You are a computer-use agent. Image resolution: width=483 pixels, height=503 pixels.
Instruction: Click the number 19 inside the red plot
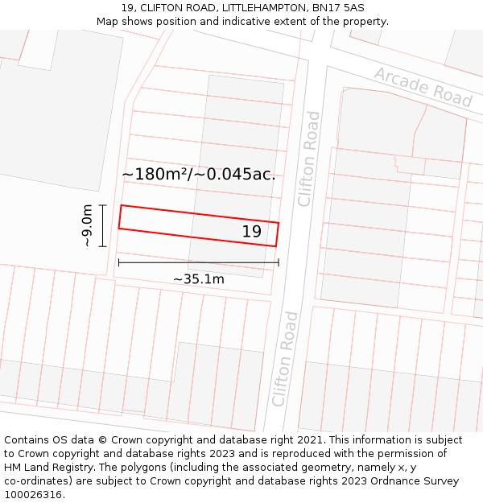click(x=252, y=232)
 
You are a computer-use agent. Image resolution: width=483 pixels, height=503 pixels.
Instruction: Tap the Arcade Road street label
click(x=423, y=87)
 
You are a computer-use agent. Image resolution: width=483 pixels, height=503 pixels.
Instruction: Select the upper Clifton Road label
click(x=309, y=159)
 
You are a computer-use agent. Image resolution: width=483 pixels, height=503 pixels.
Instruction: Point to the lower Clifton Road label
click(x=285, y=358)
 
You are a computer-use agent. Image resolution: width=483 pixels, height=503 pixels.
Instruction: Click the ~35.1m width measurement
click(x=199, y=279)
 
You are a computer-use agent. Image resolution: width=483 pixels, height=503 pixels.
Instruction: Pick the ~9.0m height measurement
click(x=88, y=225)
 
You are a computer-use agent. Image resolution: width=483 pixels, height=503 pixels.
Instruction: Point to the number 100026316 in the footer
click(x=33, y=495)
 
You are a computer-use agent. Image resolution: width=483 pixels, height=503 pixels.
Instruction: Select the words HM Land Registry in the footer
click(x=44, y=468)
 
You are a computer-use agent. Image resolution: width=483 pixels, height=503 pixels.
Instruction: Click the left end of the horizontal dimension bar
click(x=119, y=262)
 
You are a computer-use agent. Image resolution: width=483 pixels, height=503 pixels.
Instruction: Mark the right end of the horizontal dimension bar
click(x=279, y=262)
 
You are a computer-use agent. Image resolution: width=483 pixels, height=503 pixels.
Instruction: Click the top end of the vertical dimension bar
click(x=103, y=205)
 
